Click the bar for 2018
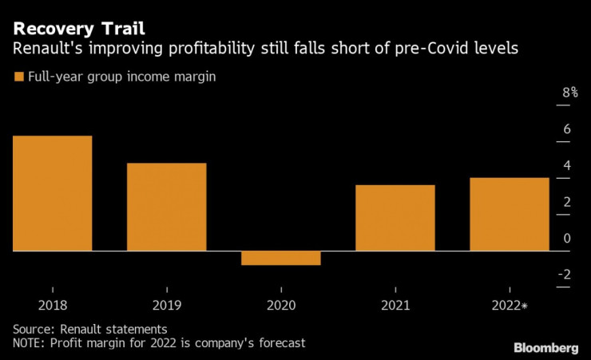point(52,193)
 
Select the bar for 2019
point(166,207)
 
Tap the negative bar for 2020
point(280,258)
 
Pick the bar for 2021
point(395,218)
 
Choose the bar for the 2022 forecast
point(509,214)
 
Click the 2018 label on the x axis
point(52,305)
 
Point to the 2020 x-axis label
point(280,305)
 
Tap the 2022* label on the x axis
point(511,305)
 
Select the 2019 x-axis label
point(166,305)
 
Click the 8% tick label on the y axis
point(569,93)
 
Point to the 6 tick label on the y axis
point(566,129)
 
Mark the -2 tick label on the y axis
point(564,275)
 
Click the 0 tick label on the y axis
point(566,238)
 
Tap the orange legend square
point(18,77)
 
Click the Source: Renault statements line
point(89,328)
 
